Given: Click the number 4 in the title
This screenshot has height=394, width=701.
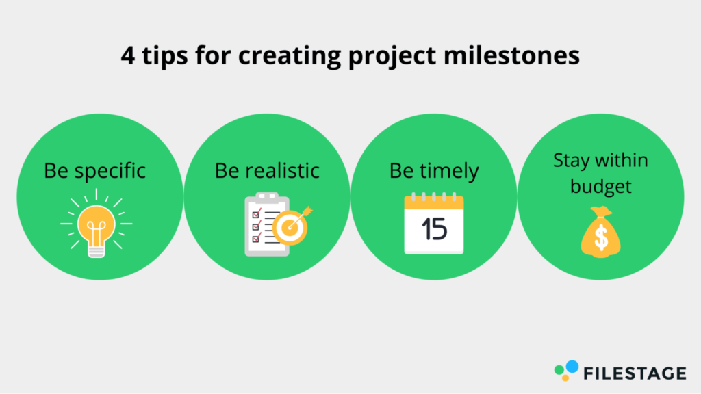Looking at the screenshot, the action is (x=128, y=56).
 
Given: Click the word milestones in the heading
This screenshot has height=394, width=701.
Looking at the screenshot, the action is (x=511, y=55).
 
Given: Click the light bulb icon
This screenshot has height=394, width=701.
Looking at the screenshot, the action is (x=96, y=224).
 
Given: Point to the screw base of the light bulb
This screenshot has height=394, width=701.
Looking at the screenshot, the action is (x=96, y=251).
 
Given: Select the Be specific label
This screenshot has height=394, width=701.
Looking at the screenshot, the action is (x=94, y=171).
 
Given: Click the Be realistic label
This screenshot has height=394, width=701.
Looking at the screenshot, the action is (x=267, y=170).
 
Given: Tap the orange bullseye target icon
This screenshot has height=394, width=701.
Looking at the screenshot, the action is (x=290, y=227).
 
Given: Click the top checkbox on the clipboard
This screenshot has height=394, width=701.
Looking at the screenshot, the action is (x=257, y=213).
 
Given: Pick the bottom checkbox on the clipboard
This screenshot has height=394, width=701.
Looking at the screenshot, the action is (x=257, y=238).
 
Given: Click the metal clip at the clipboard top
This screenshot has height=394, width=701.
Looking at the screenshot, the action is (x=267, y=197).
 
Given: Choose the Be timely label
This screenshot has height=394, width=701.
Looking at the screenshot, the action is (x=433, y=171).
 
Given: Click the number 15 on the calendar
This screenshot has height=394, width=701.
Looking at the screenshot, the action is (x=433, y=229).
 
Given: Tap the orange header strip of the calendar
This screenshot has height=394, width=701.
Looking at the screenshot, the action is (x=433, y=203).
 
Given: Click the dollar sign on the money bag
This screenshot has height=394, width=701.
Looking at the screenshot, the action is (x=601, y=237).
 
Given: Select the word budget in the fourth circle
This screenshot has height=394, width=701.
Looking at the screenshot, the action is (x=600, y=187).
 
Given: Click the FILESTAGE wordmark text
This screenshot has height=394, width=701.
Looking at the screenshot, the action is (x=635, y=373).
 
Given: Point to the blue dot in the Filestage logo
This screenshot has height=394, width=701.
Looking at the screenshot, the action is (x=572, y=367).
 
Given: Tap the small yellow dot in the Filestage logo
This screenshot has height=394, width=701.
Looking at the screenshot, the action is (x=565, y=378).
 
